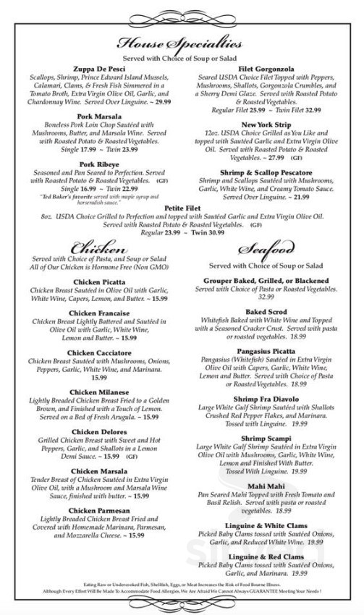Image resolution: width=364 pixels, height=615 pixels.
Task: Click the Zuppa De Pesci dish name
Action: pyautogui.click(x=91, y=67)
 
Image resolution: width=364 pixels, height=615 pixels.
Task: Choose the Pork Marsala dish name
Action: pyautogui.click(x=91, y=116)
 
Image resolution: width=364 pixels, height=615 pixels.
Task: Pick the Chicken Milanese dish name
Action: pyautogui.click(x=91, y=391)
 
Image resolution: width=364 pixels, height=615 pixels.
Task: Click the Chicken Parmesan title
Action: pyautogui.click(x=91, y=510)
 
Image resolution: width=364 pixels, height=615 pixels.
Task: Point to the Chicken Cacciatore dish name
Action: pyautogui.click(x=91, y=352)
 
